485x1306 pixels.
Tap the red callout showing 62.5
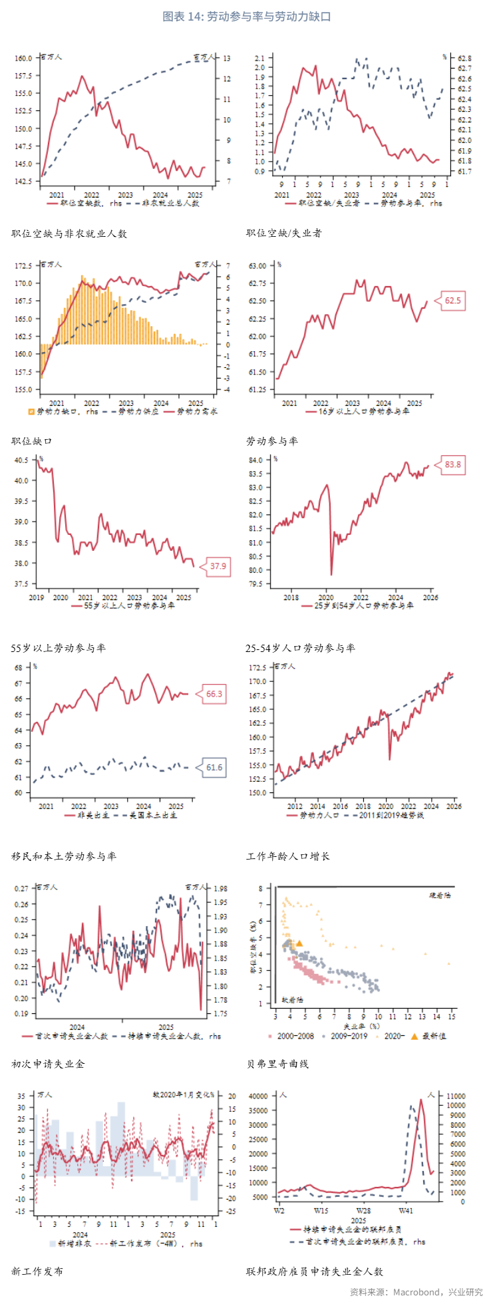(452, 301)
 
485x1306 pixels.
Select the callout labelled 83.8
(452, 464)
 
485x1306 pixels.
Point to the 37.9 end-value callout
(218, 567)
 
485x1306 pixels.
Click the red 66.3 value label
(214, 694)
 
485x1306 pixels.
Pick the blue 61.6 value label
(214, 767)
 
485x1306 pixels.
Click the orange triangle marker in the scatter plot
(299, 943)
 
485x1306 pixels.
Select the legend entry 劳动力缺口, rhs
(64, 411)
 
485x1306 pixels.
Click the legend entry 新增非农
(71, 1243)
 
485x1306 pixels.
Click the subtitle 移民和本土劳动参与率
(63, 856)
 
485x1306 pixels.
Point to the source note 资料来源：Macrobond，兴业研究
(416, 1292)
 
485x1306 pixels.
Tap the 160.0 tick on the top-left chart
(23, 58)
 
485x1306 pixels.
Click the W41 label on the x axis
(405, 1211)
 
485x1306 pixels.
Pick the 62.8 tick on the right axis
(464, 59)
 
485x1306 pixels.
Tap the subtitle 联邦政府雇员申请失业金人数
(314, 1271)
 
